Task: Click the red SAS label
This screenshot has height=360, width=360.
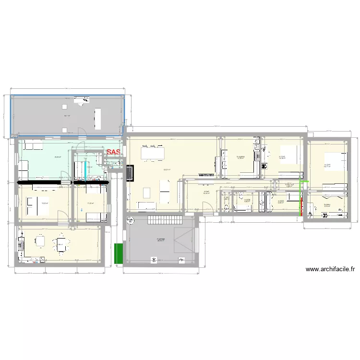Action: [x=114, y=152]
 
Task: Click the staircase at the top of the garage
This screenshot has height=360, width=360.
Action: [x=165, y=221]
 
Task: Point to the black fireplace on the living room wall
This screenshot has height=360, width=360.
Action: [x=129, y=173]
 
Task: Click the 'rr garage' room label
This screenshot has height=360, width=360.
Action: [x=160, y=240]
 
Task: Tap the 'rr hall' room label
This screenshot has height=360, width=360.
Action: [x=206, y=192]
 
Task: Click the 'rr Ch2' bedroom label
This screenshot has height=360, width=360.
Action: [x=282, y=156]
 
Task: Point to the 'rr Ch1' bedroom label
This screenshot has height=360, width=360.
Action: [x=327, y=166]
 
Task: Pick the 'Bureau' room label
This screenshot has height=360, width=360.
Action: [x=327, y=205]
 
